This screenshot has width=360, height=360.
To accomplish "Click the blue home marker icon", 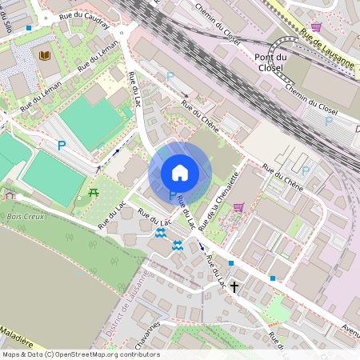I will coord(180,172).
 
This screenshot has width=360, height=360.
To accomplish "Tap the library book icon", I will coord(45,55).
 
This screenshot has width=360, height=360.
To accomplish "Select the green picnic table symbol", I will coord(94,192).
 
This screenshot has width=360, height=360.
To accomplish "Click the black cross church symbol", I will coord(234,285).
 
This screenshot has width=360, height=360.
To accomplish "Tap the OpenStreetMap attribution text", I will coord(80,354).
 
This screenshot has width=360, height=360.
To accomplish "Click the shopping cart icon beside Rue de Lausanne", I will coord(317,26).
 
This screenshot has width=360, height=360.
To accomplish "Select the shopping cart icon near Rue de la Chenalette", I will coord(238,207).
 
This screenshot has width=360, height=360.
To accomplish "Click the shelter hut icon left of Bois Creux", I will coord(10,194).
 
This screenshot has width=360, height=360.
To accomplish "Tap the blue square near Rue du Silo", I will coord(29,27).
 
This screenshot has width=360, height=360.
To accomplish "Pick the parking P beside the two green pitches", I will coord(61,146).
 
